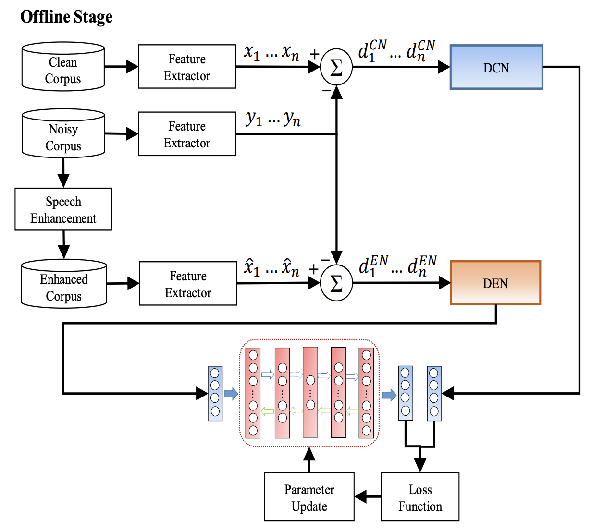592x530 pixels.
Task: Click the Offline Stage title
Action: tap(66, 17)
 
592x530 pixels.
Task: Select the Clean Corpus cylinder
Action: tap(63, 67)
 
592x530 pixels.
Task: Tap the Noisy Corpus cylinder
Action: tap(63, 133)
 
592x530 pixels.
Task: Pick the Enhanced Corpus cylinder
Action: tap(64, 284)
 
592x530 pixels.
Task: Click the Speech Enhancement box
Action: tap(63, 209)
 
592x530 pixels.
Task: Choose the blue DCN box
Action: tap(496, 67)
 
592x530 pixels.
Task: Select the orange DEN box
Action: tap(495, 283)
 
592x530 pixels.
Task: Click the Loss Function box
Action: tap(420, 497)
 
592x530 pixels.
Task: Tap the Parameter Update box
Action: tap(309, 497)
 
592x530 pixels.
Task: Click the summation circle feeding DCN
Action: tap(336, 67)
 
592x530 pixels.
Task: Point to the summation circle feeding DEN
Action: tap(336, 283)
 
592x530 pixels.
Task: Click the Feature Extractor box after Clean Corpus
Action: tap(187, 67)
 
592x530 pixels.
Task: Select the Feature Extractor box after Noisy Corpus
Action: tap(187, 134)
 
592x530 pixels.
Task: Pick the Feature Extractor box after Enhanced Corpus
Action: tap(188, 283)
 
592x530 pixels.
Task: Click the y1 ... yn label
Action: tap(273, 119)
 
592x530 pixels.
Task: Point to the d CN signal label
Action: tap(397, 51)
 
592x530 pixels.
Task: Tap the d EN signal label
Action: tap(398, 266)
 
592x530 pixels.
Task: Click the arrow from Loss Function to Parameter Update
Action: tap(368, 496)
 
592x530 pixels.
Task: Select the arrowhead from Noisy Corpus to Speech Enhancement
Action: tap(63, 181)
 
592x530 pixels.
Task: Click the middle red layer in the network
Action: tap(310, 392)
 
